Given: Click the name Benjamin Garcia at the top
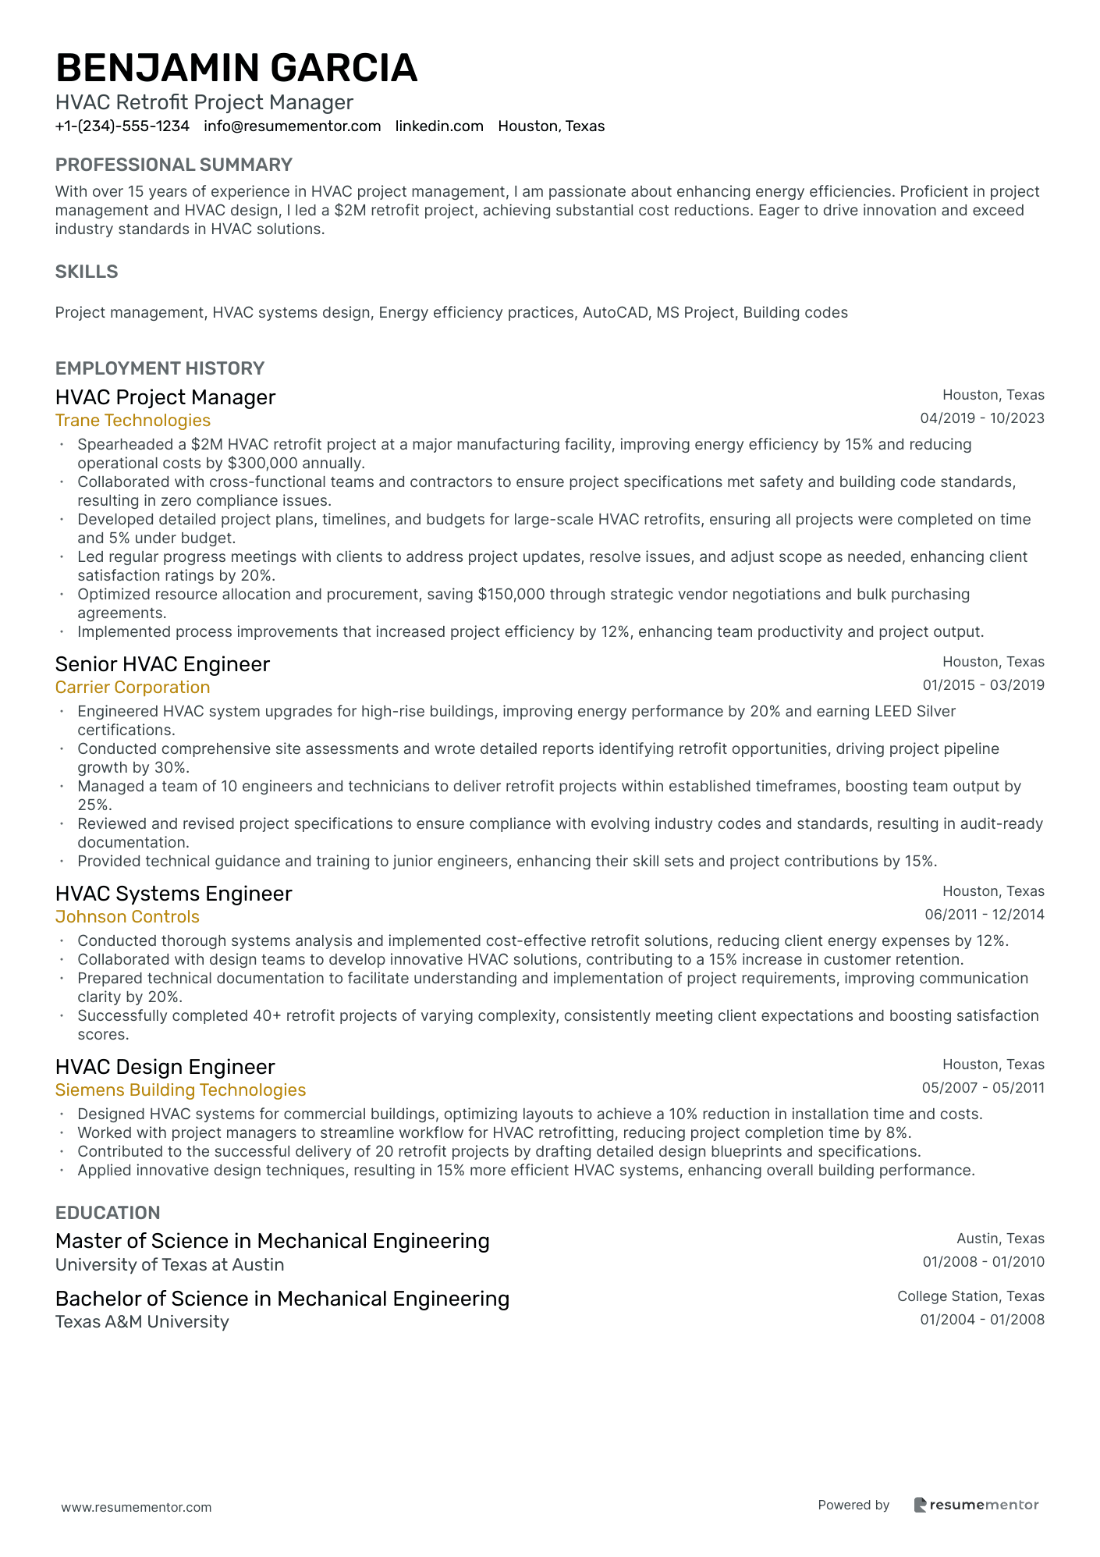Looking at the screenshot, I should point(236,68).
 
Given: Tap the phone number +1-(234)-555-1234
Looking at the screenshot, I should point(122,126).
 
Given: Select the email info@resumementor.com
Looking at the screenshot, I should point(293,126).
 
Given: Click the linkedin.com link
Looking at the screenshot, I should point(439,126).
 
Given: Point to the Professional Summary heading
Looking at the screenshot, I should point(173,165).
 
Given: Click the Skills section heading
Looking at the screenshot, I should point(87,272).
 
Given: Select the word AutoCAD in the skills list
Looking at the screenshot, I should point(615,313).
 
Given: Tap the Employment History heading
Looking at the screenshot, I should point(160,368).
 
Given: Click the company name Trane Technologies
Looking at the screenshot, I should point(133,421).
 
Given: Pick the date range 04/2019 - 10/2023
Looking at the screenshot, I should point(981,418).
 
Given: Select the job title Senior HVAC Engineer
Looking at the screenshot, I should point(162,664).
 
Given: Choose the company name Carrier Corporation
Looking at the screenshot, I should point(133,688).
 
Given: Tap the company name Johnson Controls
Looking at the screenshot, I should point(127,917).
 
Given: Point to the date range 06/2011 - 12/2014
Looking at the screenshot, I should point(984,915).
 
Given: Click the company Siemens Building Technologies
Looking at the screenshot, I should point(180,1090).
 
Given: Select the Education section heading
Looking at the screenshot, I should point(108,1213).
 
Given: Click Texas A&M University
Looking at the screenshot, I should point(142,1322).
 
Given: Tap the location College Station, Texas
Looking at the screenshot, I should point(970,1296).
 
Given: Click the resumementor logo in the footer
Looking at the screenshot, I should point(976,1505).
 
